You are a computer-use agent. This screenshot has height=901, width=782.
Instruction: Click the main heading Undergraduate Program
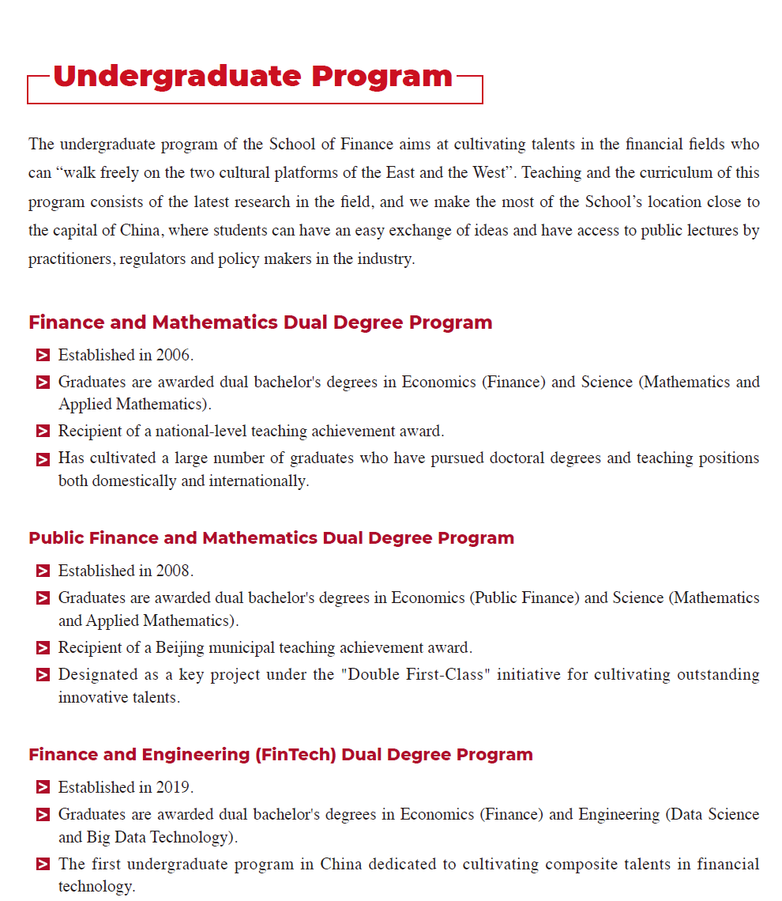253,77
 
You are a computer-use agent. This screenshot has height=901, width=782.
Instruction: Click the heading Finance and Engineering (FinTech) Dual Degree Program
280,755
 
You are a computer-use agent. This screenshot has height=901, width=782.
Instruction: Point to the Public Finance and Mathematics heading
271,538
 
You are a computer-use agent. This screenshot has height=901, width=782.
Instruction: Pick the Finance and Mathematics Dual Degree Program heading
260,322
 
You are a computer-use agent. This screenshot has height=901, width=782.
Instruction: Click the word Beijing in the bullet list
179,648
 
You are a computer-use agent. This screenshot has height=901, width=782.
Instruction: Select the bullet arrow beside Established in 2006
43,356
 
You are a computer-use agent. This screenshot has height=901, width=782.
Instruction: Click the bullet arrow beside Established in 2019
43,788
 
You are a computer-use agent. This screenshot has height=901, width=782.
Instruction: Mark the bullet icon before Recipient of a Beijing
43,649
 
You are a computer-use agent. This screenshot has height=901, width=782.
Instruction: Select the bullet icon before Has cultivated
43,459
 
